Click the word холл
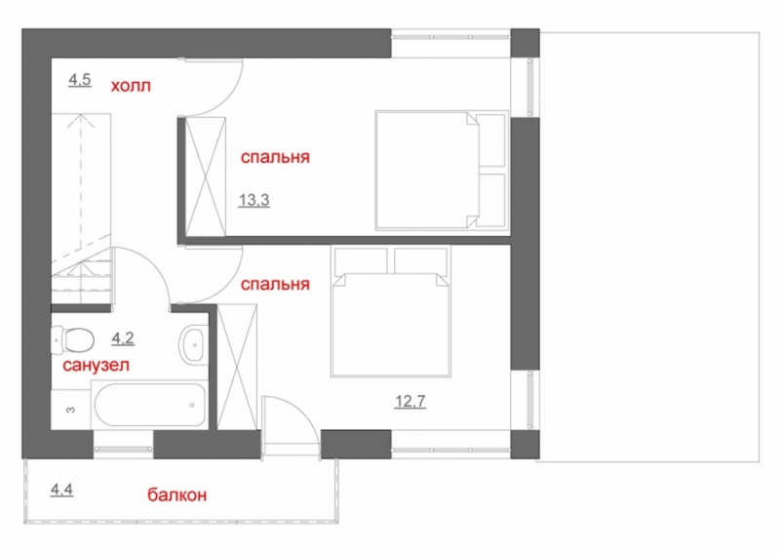(x=131, y=86)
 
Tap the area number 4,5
(x=80, y=80)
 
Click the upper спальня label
(x=275, y=157)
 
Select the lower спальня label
(x=275, y=284)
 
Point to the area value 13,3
(x=253, y=200)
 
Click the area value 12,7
(x=410, y=401)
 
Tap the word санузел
(x=96, y=366)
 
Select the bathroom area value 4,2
(x=123, y=338)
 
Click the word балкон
(x=177, y=495)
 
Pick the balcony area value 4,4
(x=61, y=491)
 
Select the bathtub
(x=149, y=405)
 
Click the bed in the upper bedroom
(x=442, y=171)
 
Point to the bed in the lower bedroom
(x=391, y=311)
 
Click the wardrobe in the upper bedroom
(x=206, y=177)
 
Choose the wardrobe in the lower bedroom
(x=237, y=367)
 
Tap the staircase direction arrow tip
(x=81, y=115)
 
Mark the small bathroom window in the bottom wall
(x=124, y=449)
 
